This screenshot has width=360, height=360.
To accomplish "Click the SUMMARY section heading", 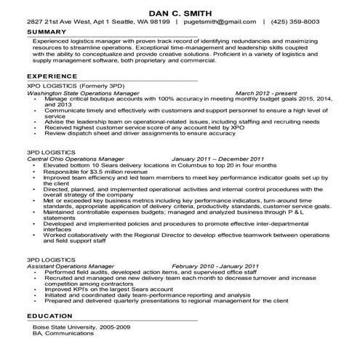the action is point(46,33).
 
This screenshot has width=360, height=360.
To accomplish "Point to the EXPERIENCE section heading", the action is point(51,76).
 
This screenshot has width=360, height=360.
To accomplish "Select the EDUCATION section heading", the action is point(49,317).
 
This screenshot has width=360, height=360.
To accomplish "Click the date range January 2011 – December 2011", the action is point(217,158).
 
